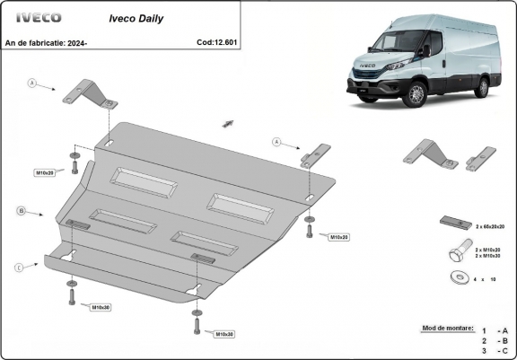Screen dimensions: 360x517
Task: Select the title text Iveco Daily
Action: click(136, 17)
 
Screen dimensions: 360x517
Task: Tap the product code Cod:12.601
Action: click(217, 41)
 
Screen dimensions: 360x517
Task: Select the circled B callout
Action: click(20, 211)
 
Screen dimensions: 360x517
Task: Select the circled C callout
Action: click(20, 267)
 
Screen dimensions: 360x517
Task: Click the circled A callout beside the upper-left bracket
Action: click(31, 83)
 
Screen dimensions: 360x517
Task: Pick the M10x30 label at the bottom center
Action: click(223, 334)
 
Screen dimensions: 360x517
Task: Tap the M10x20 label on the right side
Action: click(338, 237)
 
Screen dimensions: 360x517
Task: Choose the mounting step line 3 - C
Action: click(495, 352)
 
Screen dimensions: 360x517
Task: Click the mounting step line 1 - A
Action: click(495, 330)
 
